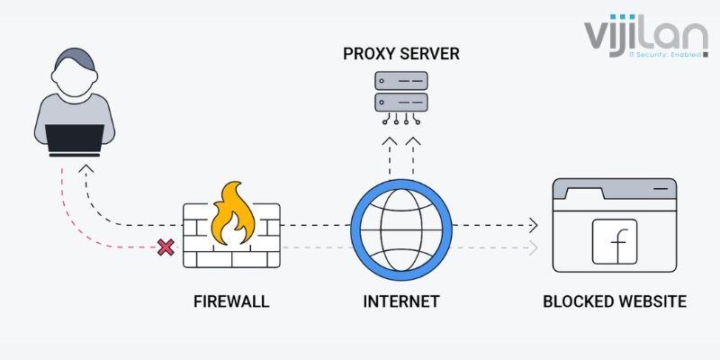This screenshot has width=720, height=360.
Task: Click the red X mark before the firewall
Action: pyautogui.click(x=166, y=247)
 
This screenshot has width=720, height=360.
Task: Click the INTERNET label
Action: pyautogui.click(x=400, y=301)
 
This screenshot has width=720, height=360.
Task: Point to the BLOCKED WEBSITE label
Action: pyautogui.click(x=615, y=301)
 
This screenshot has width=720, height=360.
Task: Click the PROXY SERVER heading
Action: pyautogui.click(x=401, y=54)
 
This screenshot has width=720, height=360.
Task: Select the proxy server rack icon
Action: pyautogui.click(x=401, y=94)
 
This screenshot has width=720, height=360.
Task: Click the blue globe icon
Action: pyautogui.click(x=400, y=226)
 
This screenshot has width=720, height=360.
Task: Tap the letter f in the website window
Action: pyautogui.click(x=616, y=241)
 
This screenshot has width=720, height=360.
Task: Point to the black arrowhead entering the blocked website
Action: pyautogui.click(x=534, y=225)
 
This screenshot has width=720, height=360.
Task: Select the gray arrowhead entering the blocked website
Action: pyautogui.click(x=534, y=247)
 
